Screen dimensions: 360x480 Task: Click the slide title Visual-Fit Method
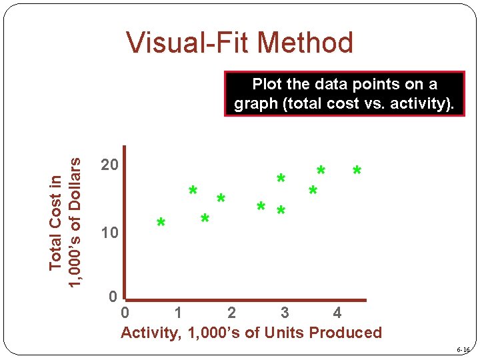[x=240, y=43]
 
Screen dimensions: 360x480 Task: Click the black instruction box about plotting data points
[x=345, y=94]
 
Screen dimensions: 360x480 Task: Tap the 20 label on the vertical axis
[x=109, y=165]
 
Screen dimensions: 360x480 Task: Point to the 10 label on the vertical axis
[x=109, y=233]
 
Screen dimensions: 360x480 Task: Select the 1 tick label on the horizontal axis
[x=178, y=312]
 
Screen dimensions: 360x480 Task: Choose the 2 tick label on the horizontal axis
[x=231, y=312]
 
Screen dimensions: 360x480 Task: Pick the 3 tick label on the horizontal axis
[x=285, y=312]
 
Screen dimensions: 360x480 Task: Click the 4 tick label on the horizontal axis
[x=337, y=312]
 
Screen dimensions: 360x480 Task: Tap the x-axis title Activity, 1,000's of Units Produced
[x=251, y=333]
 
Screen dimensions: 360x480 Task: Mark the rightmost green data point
[x=357, y=172]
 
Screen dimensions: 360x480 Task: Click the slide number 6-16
[x=463, y=350]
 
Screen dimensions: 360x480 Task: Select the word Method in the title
[x=306, y=43]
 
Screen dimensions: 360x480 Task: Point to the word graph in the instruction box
[x=255, y=104]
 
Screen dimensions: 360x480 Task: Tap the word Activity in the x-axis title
[x=149, y=333]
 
